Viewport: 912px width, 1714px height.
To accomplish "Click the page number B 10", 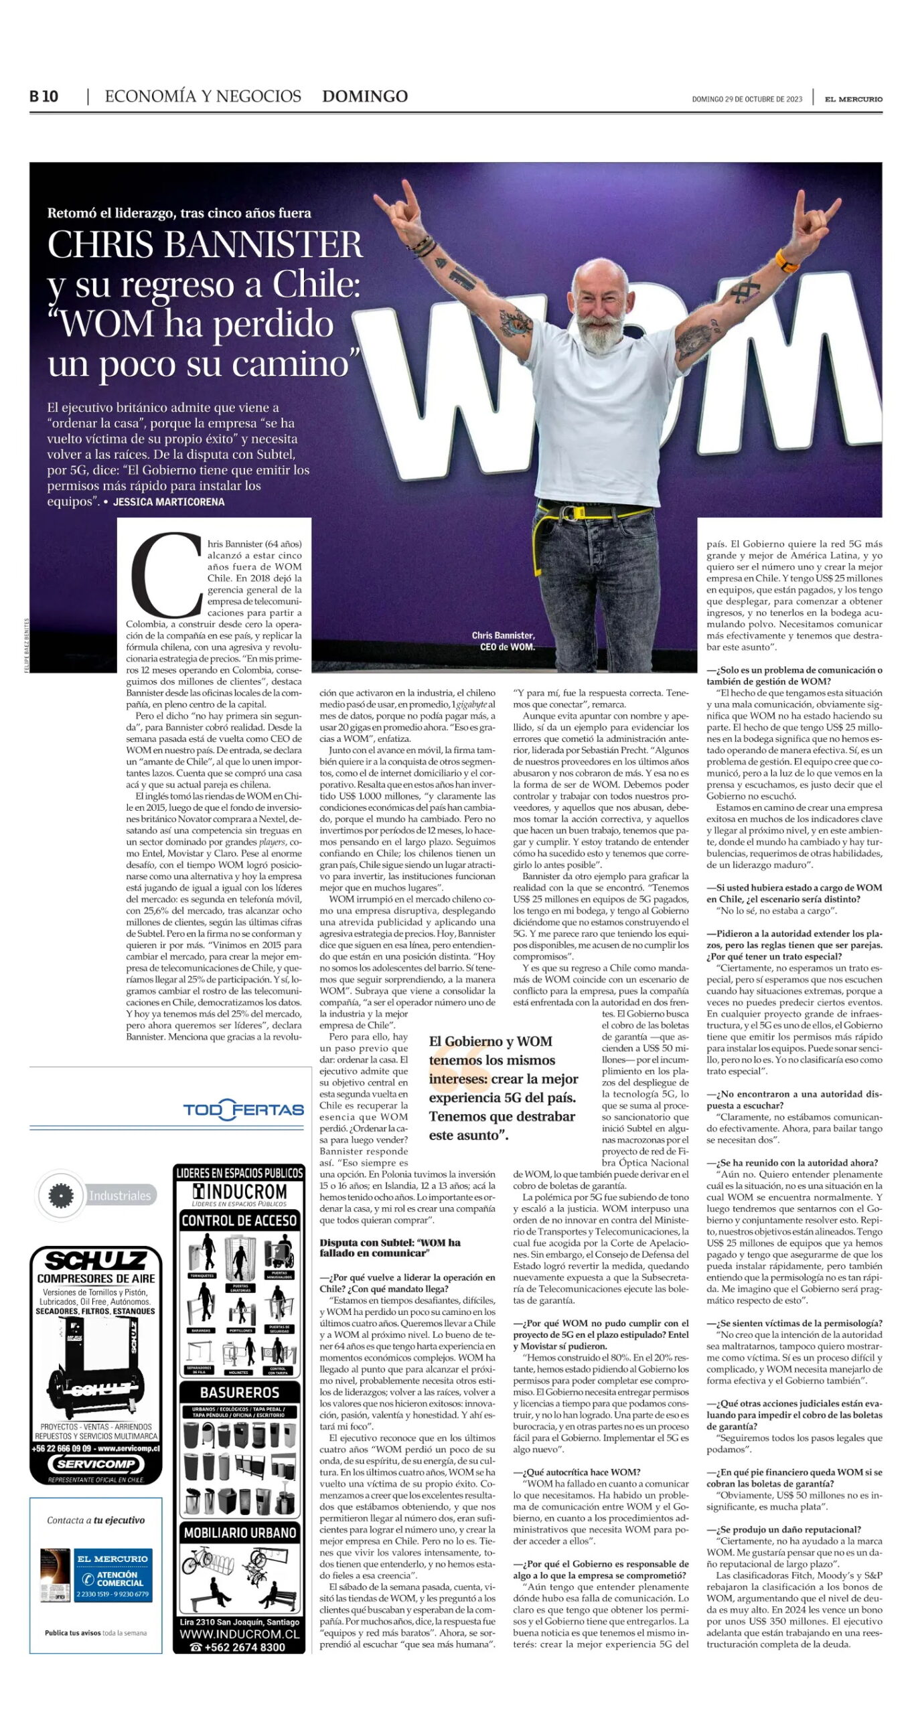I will (44, 96).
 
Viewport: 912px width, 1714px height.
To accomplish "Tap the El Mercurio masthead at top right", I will (853, 99).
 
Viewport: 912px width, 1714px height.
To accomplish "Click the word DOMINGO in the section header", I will (364, 96).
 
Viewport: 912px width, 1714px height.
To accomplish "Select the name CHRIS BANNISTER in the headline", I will (205, 244).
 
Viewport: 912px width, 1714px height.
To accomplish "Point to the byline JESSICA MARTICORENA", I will (169, 501).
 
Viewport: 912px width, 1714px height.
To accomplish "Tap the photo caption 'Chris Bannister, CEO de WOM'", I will (503, 641).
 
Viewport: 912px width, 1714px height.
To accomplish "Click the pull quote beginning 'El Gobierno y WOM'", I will (502, 1088).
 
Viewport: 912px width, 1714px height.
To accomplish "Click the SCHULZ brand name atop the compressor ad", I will (96, 1261).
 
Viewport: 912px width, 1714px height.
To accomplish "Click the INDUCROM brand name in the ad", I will (239, 1191).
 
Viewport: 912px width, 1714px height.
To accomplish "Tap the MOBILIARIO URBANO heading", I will (239, 1533).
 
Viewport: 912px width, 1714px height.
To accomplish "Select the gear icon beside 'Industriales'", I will (60, 1195).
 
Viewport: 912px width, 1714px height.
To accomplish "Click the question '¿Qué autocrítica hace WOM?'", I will (577, 1472).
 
